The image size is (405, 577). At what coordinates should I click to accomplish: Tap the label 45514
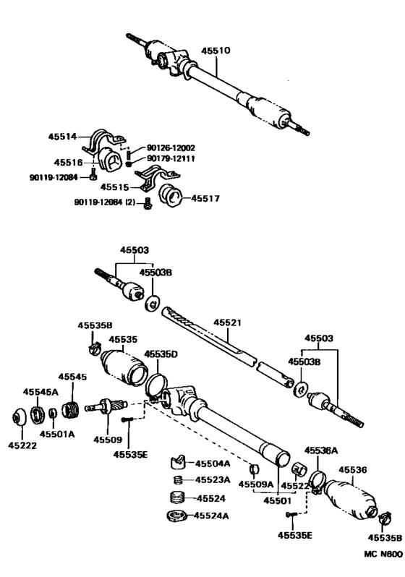pos(62,135)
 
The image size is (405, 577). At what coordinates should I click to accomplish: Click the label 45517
pos(206,198)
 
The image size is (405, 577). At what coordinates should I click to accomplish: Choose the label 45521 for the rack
pos(227,324)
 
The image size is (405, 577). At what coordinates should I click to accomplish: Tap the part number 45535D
pos(161,354)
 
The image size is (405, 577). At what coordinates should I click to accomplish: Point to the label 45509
pos(107,439)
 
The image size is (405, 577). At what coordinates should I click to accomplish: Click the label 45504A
pos(215,463)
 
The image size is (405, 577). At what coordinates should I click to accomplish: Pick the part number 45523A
pos(215,480)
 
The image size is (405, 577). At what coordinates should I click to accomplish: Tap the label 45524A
pos(215,516)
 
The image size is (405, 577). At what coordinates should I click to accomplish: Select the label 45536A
pos(320,450)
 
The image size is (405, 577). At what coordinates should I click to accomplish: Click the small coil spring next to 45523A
pos(177,480)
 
